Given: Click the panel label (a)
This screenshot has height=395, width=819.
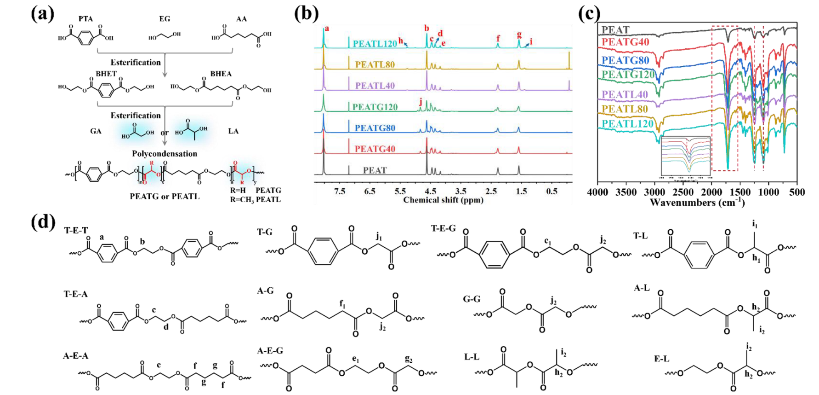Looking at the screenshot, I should pos(42,14).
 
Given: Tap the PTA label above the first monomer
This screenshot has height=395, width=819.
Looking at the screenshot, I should pos(85,19).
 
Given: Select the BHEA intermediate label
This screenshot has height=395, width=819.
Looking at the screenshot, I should pos(221,74).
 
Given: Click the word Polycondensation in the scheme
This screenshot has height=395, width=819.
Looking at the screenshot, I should pos(165,154).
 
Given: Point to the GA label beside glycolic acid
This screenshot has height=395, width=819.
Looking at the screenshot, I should pos(96,131).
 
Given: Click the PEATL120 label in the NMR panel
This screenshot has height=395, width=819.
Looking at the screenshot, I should pos(375,44).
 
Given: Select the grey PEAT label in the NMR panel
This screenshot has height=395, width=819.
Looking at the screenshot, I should pos(375,170).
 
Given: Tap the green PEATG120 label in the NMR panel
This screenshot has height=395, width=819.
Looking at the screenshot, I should pos(375,107).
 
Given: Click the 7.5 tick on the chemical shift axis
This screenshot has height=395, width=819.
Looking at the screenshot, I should pos(340,192).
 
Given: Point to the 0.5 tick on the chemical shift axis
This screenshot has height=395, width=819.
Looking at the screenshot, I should pos(552,192).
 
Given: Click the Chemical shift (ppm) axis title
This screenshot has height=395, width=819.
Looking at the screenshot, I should pos(443,200).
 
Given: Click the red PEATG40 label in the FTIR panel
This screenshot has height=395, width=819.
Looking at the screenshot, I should pos(625,42).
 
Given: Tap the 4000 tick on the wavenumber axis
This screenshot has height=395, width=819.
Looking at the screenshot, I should pos(597,192).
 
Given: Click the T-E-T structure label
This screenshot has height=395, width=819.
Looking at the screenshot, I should pos(76,230).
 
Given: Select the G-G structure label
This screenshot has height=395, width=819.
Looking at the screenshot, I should pos(472,299).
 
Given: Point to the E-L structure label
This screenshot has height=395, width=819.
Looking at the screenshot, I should pos(661,359).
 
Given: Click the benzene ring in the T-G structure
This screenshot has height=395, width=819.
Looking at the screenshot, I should pos(323,251).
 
